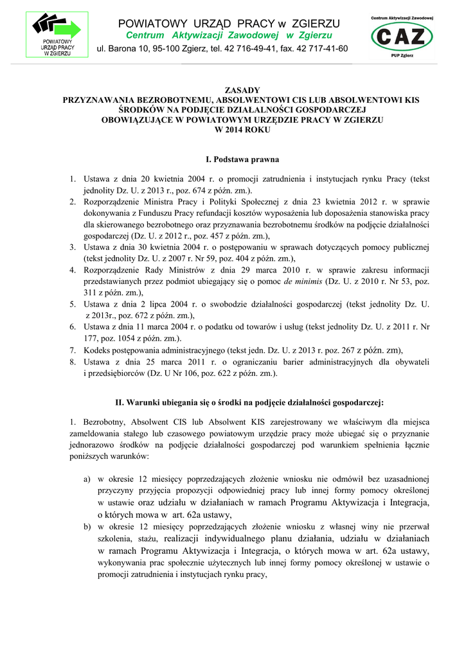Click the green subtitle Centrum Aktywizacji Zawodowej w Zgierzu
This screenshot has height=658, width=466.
229,35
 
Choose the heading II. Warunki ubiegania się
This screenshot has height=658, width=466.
249,403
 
